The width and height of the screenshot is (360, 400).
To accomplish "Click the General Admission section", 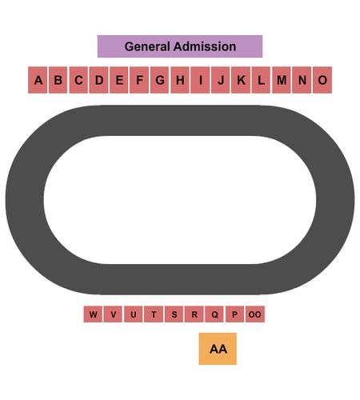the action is point(180,46).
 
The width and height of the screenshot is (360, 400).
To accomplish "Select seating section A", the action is point(38,80).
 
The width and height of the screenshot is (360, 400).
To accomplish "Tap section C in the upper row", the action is point(78,80).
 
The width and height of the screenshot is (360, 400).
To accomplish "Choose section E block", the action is point(119,80).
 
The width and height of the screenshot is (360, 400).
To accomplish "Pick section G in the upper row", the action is point(159,80).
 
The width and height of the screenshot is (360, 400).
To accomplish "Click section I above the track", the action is point(200,80).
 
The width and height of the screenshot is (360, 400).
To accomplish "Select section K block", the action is point(241,80).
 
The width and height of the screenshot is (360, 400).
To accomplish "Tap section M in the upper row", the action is point(282,80).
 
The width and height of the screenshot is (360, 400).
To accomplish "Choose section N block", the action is point(302,80).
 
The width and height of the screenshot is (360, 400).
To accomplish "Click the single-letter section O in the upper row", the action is point(322,80).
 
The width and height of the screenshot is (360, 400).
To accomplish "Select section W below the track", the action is point(93,314).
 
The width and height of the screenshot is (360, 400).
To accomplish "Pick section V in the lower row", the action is point(113,314).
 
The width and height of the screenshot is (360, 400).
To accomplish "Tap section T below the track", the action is point(154,314).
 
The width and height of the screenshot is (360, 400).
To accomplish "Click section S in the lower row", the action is point(174,314).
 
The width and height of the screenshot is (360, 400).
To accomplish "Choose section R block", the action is point(194,314).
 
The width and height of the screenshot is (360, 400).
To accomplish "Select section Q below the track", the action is point(214,314).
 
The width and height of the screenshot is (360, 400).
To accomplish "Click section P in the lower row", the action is point(234,314).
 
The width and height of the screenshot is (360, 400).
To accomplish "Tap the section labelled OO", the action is point(255,314).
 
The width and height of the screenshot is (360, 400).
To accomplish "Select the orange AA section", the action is point(218,349).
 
